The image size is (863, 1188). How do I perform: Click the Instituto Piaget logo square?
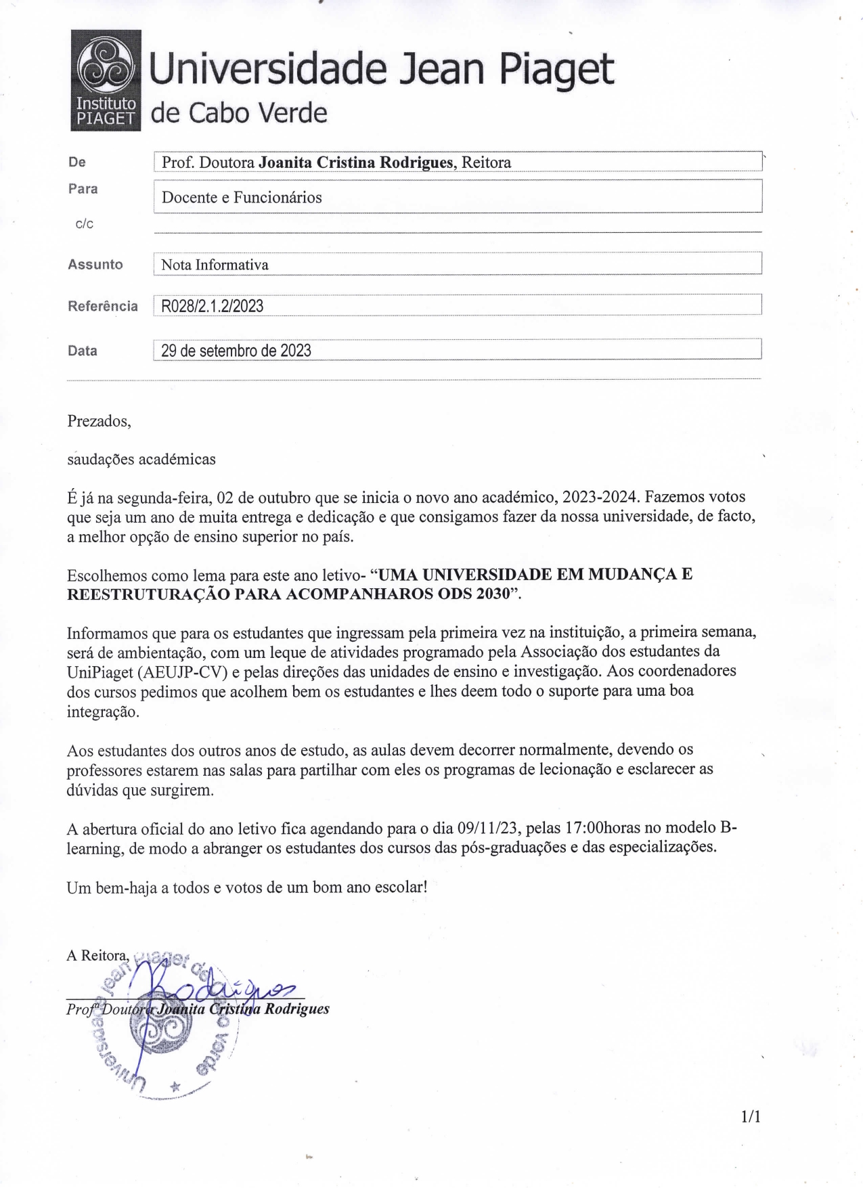(106, 80)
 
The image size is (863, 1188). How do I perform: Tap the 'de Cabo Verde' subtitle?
(238, 113)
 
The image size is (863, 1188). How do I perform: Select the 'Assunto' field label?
(95, 265)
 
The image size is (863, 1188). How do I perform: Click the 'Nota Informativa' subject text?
(215, 265)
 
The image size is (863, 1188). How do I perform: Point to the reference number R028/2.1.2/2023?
(212, 306)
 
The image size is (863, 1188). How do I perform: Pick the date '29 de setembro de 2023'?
(236, 351)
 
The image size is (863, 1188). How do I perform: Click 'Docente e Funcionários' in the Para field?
(242, 198)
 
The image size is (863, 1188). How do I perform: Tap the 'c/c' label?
(85, 224)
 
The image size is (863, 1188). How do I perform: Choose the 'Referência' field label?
(102, 306)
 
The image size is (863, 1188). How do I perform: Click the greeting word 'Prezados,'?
(99, 421)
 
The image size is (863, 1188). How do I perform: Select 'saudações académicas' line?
(141, 460)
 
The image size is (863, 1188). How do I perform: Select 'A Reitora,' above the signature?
(97, 955)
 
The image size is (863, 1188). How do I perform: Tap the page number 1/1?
(751, 1116)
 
